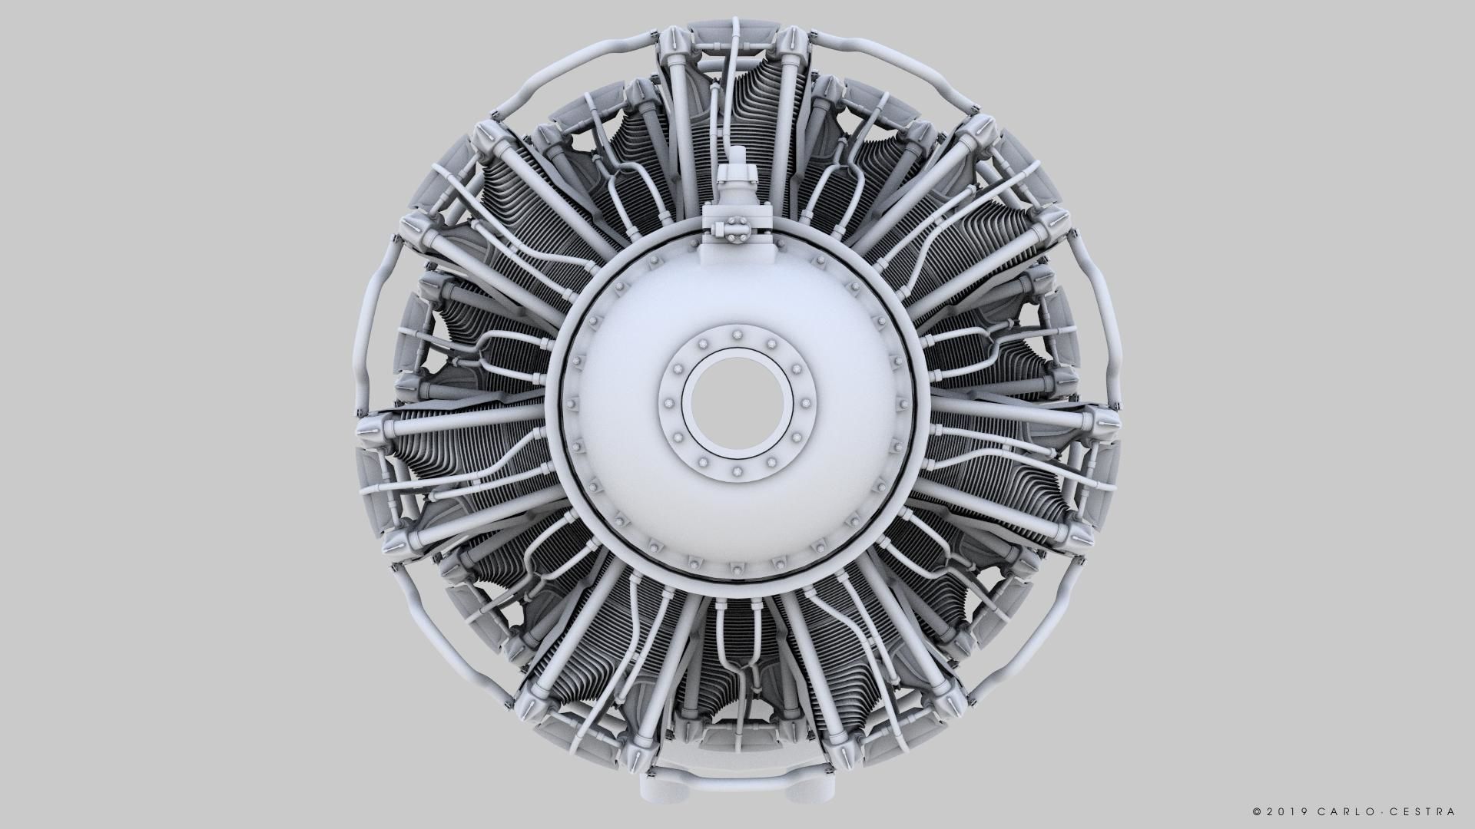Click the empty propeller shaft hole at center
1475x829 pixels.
point(737,404)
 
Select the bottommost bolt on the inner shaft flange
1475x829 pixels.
point(737,471)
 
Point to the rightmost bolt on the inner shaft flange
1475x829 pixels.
point(805,403)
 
